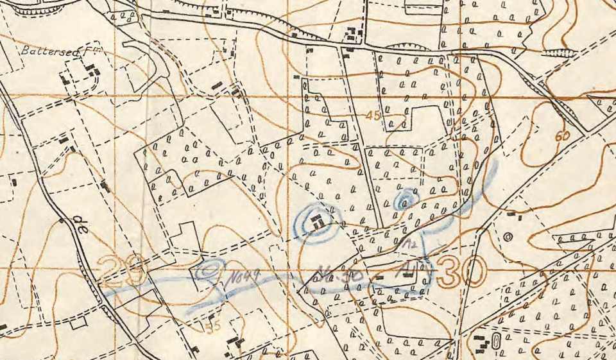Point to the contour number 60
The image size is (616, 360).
[x=563, y=136]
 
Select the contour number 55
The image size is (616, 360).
[x=213, y=325]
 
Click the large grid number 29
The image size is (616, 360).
[x=124, y=272]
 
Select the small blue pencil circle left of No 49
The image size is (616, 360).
[x=210, y=270]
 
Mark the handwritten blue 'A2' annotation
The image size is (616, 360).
[x=412, y=244]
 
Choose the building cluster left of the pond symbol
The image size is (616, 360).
[x=479, y=342]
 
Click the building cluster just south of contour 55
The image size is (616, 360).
[x=235, y=343]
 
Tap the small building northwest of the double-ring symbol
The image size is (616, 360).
[x=511, y=214]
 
